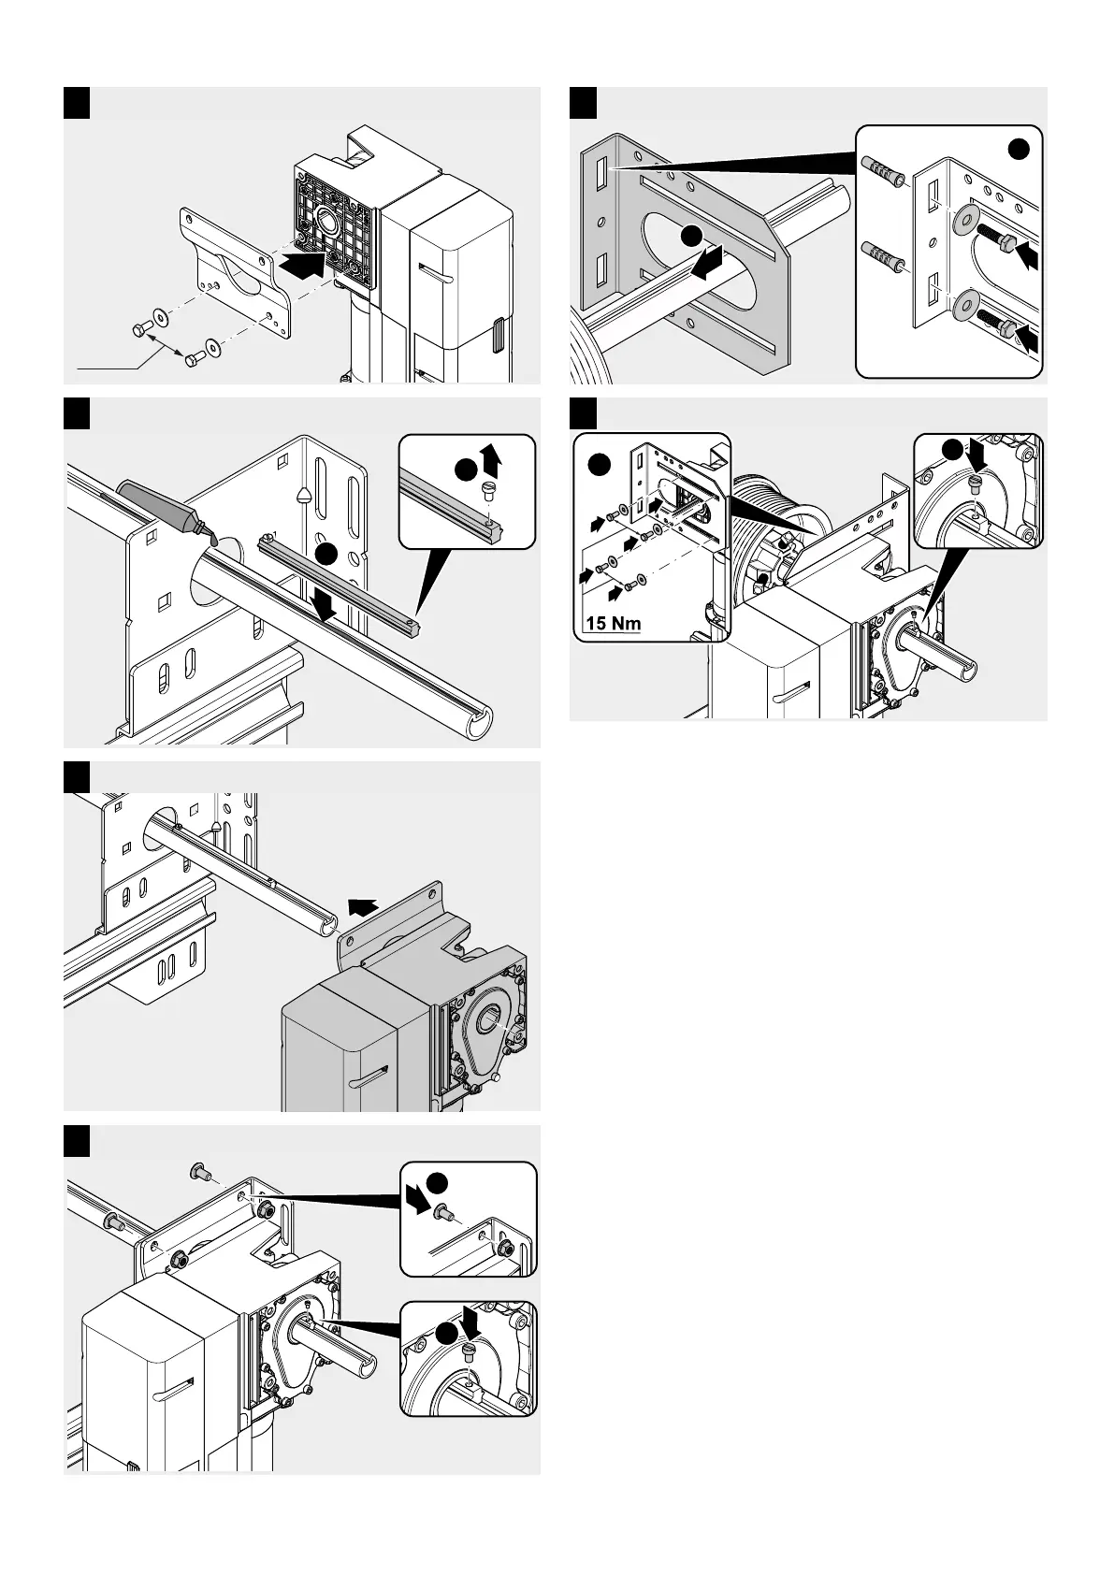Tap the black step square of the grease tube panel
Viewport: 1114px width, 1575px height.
click(x=77, y=413)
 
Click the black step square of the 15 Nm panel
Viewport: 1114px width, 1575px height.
click(x=584, y=413)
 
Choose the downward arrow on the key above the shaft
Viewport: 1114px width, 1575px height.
click(x=325, y=608)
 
